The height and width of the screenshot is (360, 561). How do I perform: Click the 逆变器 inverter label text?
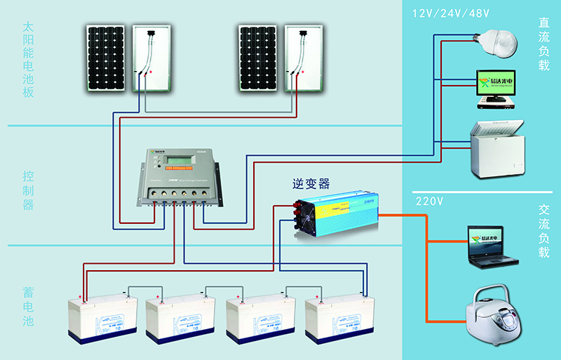pyautogui.click(x=311, y=184)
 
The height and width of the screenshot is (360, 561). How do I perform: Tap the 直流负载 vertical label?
pyautogui.click(x=544, y=46)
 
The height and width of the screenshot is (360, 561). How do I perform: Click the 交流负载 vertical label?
pyautogui.click(x=544, y=231)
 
